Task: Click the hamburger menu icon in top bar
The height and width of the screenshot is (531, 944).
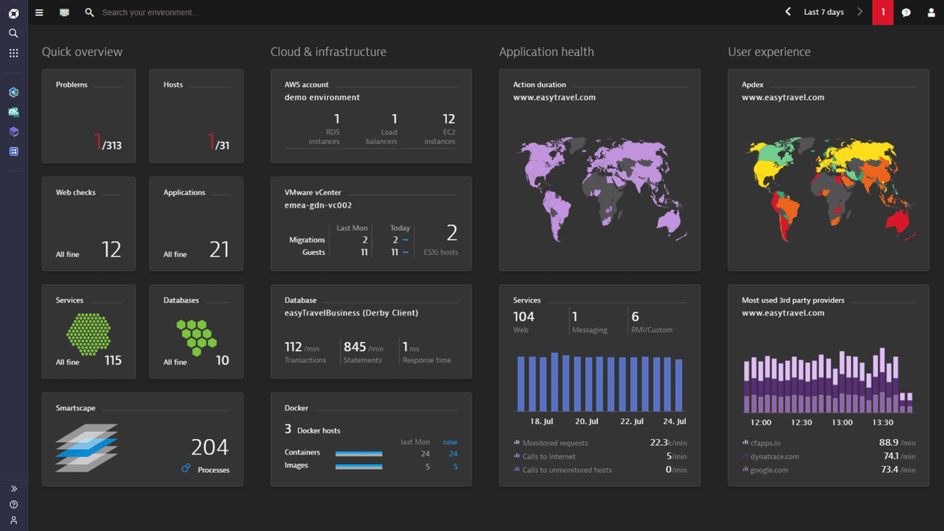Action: (39, 13)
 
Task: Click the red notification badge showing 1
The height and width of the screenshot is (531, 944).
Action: (883, 13)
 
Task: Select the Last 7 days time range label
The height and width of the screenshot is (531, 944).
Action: (824, 13)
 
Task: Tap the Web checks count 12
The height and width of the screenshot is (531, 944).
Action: (112, 250)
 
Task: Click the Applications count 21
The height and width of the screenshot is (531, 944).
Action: (219, 250)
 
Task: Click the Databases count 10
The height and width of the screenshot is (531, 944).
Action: (223, 360)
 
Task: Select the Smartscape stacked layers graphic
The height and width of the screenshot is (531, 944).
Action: (87, 447)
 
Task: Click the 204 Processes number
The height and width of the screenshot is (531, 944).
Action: (209, 448)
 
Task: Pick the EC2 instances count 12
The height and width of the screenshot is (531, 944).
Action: (448, 120)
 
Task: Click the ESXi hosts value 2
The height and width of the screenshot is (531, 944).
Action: (452, 233)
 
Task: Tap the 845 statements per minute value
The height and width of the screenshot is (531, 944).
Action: (355, 347)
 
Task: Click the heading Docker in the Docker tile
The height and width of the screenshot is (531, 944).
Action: (297, 408)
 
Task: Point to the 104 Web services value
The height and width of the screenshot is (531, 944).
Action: (524, 317)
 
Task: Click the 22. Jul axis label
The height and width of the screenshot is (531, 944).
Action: (632, 422)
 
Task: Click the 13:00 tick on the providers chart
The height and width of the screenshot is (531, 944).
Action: (842, 422)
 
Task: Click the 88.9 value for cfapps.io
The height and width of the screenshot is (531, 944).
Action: (889, 443)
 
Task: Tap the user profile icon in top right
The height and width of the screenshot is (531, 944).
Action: (930, 13)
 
